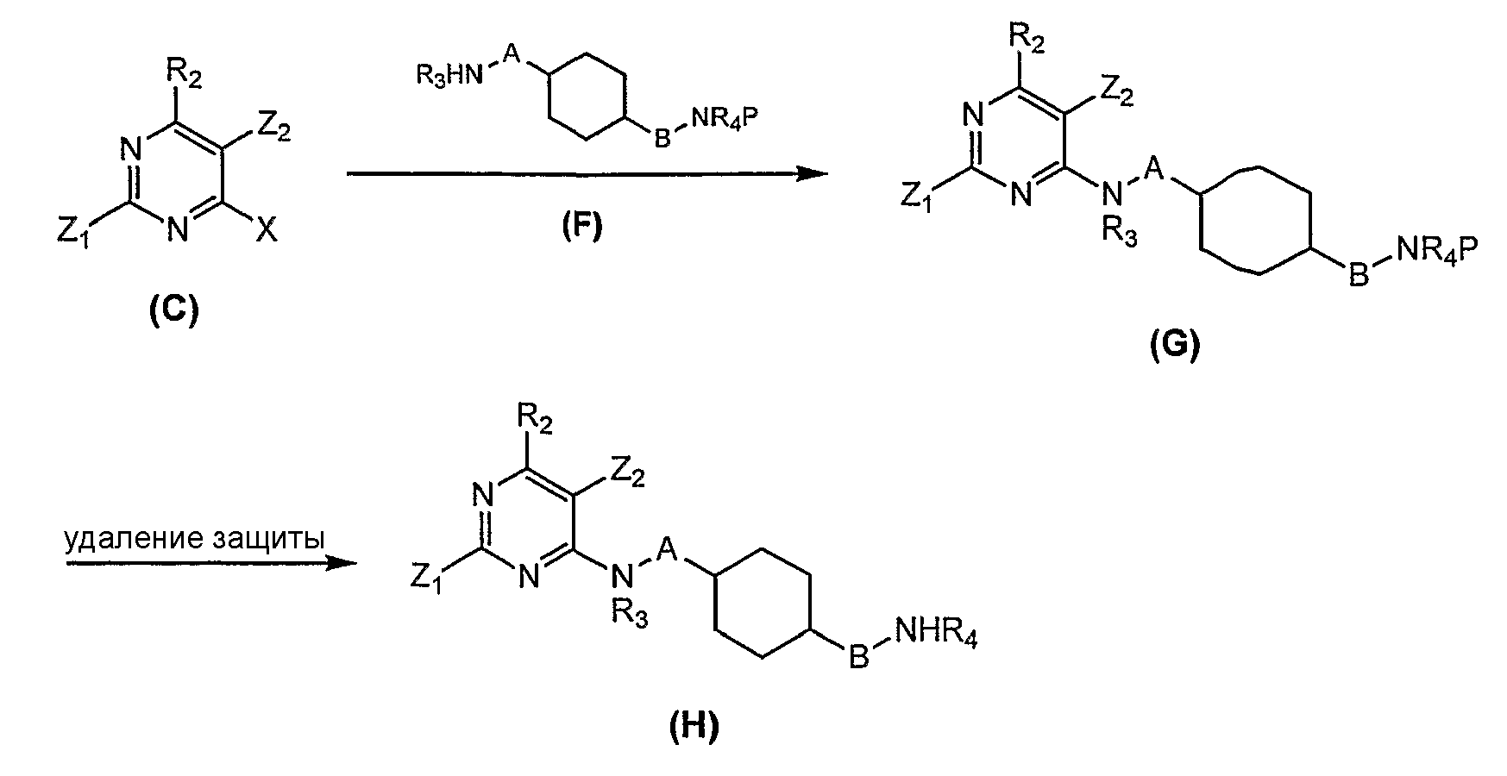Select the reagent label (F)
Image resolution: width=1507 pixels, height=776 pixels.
(581, 227)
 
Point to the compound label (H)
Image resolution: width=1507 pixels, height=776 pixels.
(694, 729)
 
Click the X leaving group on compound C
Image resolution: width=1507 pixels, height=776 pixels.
(267, 229)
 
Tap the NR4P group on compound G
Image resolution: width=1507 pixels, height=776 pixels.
(1437, 253)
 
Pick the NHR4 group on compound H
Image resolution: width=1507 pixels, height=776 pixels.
(937, 637)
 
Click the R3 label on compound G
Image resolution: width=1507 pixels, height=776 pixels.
(1121, 233)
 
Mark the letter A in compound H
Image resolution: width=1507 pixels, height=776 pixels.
(665, 548)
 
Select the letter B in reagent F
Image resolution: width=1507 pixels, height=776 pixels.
(662, 138)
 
